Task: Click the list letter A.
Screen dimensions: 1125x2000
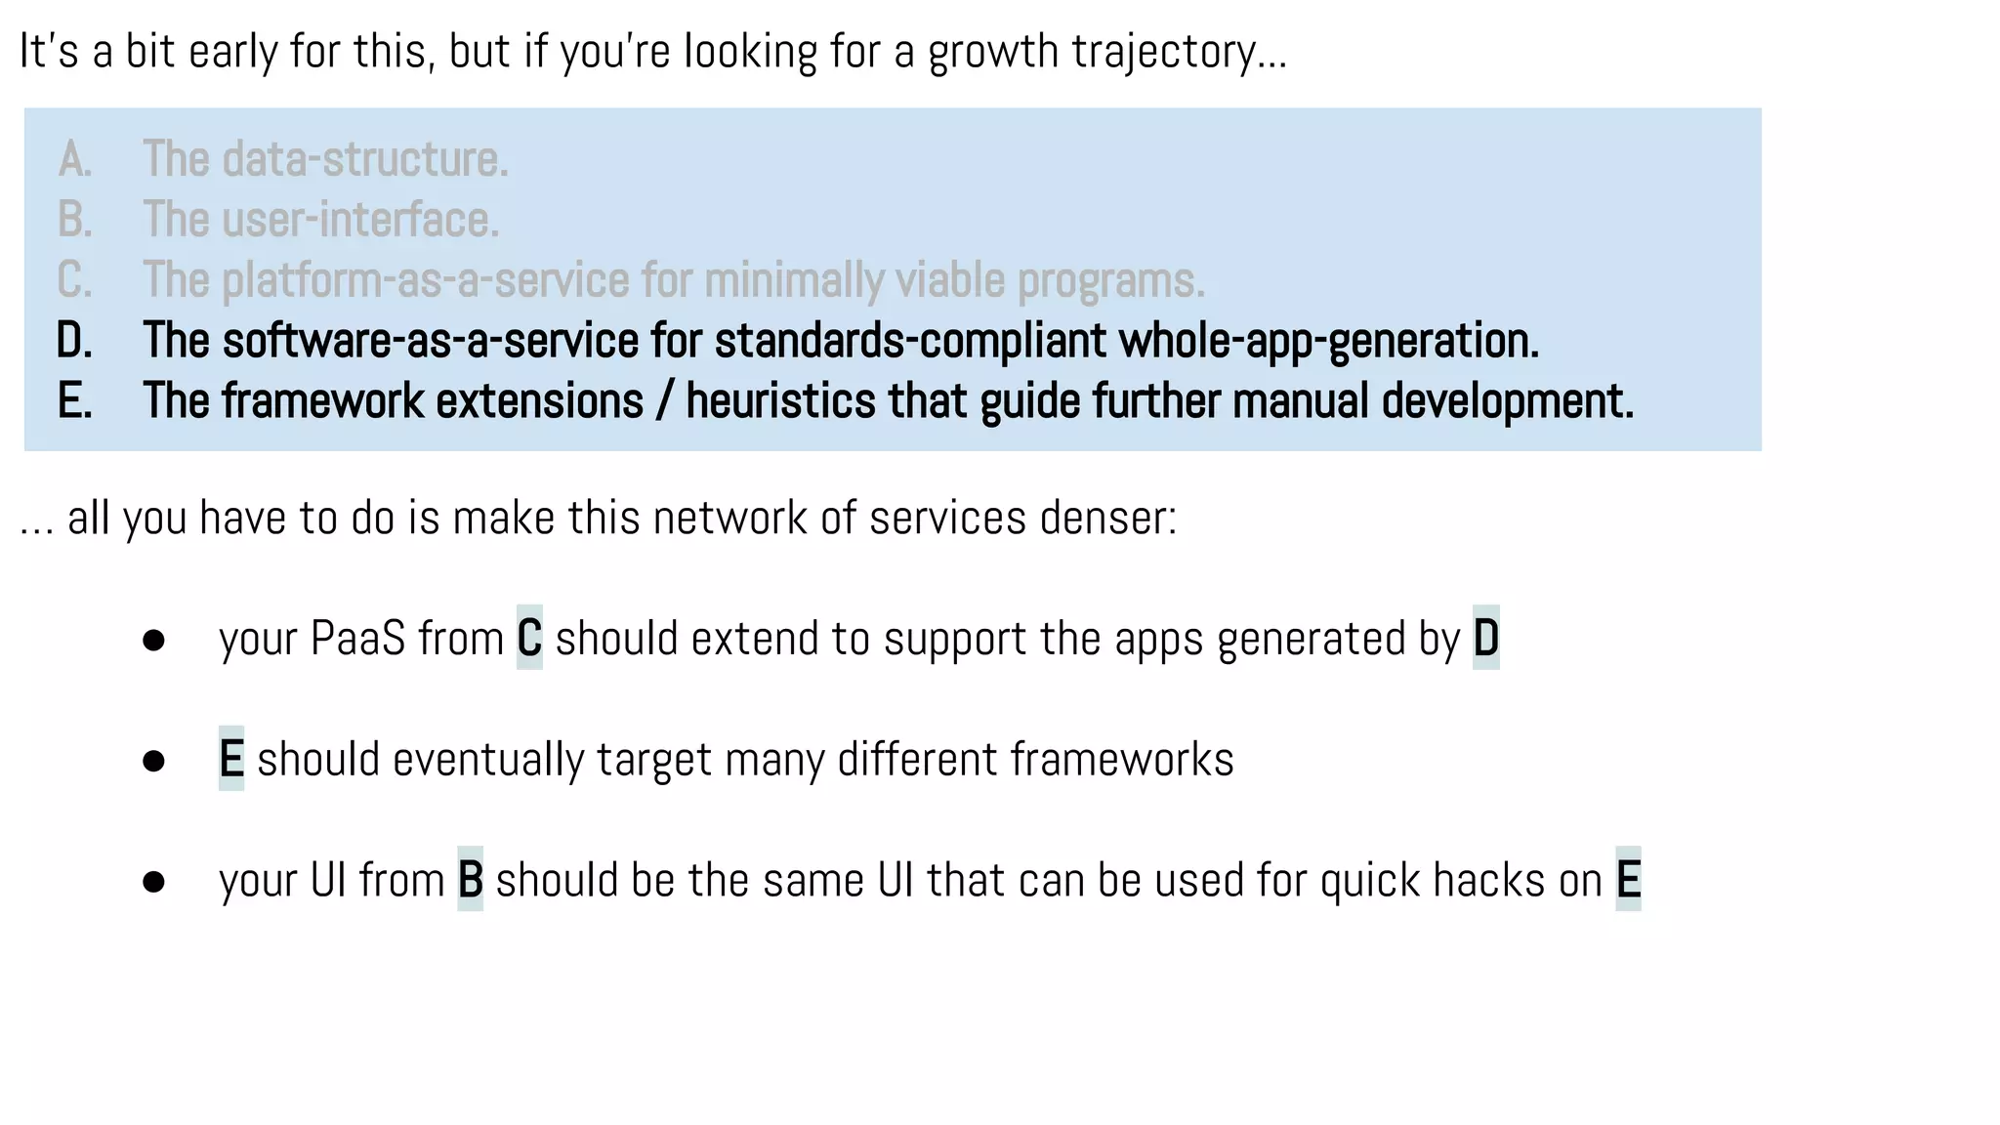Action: (x=74, y=159)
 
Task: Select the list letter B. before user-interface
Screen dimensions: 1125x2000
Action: (x=74, y=220)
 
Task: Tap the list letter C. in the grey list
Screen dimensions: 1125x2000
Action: (x=74, y=280)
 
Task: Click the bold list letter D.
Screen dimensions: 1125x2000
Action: (x=74, y=341)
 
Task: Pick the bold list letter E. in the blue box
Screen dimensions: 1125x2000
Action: (x=74, y=401)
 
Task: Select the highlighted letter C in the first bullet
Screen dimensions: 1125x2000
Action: (x=529, y=639)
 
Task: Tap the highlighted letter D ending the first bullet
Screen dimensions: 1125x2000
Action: (x=1485, y=639)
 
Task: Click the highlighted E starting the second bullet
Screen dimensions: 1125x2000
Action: (x=231, y=760)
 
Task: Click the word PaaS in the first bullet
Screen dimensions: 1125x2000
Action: (x=357, y=639)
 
